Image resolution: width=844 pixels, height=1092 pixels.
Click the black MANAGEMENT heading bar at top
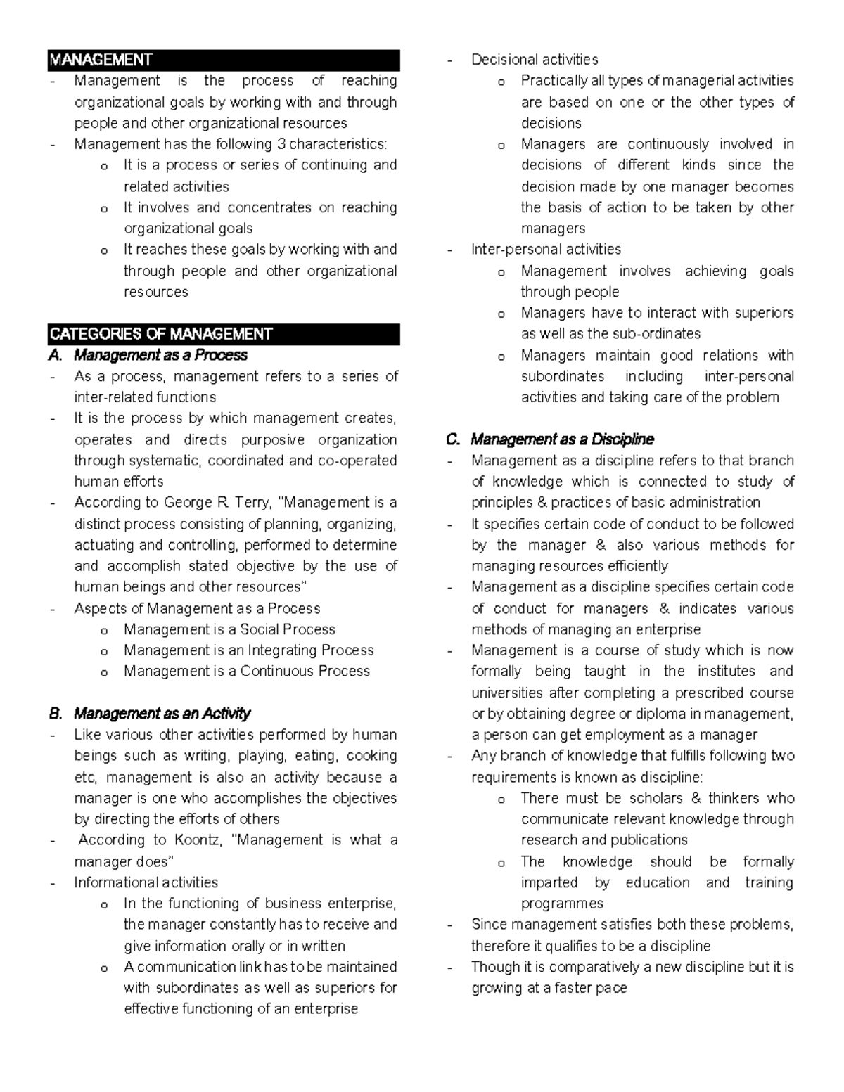224,60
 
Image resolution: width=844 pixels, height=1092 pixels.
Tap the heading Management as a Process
161,355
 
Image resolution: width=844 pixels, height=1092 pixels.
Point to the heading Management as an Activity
162,714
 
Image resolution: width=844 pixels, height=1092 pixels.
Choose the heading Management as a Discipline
562,439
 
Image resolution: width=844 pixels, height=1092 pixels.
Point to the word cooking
373,756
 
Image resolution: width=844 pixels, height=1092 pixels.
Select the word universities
507,693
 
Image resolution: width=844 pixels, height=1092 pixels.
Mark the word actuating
103,545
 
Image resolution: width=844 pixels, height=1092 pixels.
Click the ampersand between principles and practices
541,503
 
